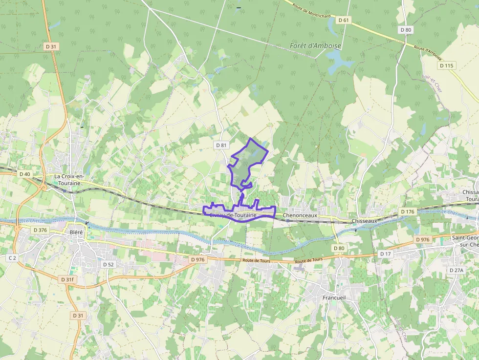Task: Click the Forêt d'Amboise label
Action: (x=315, y=46)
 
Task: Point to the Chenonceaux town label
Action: (x=300, y=215)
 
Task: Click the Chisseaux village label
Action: (x=364, y=221)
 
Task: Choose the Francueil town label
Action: (x=334, y=297)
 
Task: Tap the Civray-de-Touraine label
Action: (x=233, y=215)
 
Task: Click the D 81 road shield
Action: (x=221, y=145)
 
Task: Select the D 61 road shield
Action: (x=344, y=20)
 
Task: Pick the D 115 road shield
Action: (x=446, y=65)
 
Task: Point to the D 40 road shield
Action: (x=24, y=174)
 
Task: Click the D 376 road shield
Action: (x=40, y=230)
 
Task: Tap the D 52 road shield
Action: (x=108, y=264)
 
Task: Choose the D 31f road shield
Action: (x=67, y=279)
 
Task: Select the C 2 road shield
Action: (x=12, y=257)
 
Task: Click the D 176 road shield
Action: (x=407, y=212)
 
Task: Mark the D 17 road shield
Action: (x=385, y=254)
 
